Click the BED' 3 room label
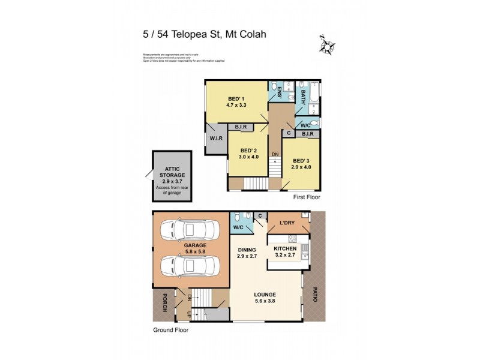coord(301,161)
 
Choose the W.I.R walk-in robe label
coord(216,139)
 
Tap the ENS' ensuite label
coord(280,94)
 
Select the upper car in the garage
coord(191,229)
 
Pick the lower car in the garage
coord(191,264)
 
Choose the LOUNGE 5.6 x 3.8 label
coord(264,298)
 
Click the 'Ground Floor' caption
coord(169,330)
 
